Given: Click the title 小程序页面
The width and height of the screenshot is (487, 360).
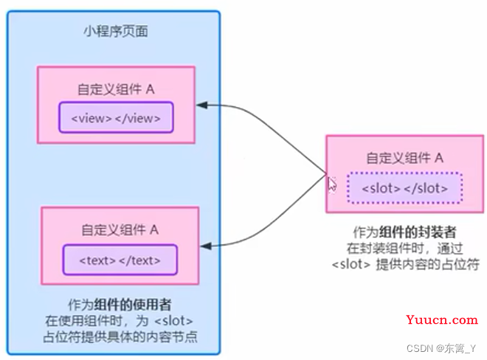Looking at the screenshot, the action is pyautogui.click(x=116, y=32).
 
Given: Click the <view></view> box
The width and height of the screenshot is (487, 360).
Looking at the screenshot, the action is pyautogui.click(x=116, y=117).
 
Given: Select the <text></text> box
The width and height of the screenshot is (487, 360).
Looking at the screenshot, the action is pyautogui.click(x=120, y=260).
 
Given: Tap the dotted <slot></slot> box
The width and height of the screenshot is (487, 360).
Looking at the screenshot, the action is pyautogui.click(x=405, y=188).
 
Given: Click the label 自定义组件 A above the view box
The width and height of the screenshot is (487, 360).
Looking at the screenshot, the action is pyautogui.click(x=116, y=89).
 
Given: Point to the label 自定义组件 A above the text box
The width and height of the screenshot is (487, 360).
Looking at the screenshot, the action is pyautogui.click(x=120, y=230).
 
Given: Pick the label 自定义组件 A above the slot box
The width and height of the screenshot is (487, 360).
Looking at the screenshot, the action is pyautogui.click(x=404, y=158).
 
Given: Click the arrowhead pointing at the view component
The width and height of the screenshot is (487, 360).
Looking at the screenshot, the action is pyautogui.click(x=202, y=105).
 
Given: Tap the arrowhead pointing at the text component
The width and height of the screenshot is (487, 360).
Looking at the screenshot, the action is pyautogui.click(x=206, y=246).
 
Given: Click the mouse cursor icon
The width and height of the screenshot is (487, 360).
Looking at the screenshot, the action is pyautogui.click(x=332, y=184).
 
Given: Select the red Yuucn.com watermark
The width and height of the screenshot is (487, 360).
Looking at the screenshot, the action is pyautogui.click(x=442, y=319).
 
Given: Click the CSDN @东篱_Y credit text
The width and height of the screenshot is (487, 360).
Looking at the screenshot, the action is pyautogui.click(x=441, y=348).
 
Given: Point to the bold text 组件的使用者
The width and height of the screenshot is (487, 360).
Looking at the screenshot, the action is pyautogui.click(x=133, y=305).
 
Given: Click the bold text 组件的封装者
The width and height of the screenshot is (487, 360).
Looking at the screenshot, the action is pyautogui.click(x=418, y=232).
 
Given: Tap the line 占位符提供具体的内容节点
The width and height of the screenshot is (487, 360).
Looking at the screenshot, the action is pyautogui.click(x=120, y=337).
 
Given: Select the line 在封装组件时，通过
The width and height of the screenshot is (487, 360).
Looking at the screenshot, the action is pyautogui.click(x=404, y=249).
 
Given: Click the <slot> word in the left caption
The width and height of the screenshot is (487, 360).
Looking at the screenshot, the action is pyautogui.click(x=173, y=321).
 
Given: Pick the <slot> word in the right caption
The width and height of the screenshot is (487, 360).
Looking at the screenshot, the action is pyautogui.click(x=351, y=265).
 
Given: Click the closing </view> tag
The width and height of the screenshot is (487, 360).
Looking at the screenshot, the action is pyautogui.click(x=138, y=118).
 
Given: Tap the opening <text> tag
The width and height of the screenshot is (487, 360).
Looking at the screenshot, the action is pyautogui.click(x=97, y=260).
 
